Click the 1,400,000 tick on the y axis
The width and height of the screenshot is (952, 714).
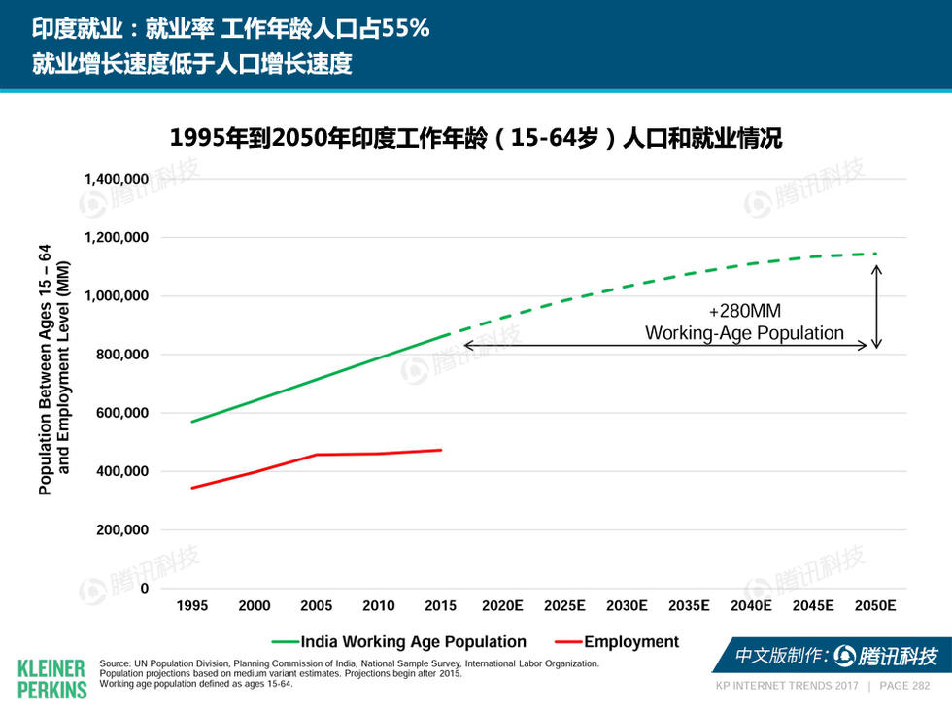[x=115, y=179]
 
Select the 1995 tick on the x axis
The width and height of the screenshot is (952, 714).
[x=191, y=605]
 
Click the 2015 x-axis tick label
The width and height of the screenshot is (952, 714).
[x=440, y=605]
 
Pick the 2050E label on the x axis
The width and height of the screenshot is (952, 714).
[x=874, y=605]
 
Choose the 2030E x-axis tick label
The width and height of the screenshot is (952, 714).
[x=627, y=605]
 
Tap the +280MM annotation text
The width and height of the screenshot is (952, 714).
[x=744, y=312]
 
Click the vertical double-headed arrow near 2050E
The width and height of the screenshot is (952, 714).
[x=876, y=307]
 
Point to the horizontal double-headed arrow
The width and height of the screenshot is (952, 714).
[x=665, y=345]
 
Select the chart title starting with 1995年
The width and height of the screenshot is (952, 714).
[x=475, y=139]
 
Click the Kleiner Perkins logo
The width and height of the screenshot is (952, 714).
[x=51, y=678]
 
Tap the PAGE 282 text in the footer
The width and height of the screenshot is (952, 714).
[x=903, y=686]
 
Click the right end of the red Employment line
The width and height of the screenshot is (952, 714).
[x=441, y=450]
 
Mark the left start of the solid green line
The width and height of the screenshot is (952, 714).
[x=192, y=422]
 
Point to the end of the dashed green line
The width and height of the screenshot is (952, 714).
[x=875, y=254]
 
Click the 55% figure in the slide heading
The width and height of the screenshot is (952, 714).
[x=405, y=28]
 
